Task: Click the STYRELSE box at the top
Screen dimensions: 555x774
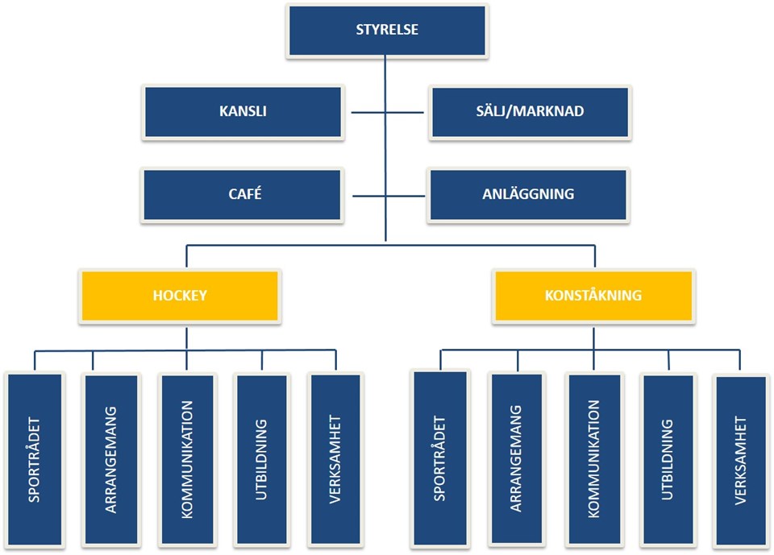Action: point(387,31)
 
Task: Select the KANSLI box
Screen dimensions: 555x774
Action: point(243,111)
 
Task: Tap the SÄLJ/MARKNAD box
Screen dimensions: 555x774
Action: point(529,111)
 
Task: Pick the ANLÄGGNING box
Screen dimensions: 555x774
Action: point(528,194)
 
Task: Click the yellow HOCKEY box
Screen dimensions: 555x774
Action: point(180,296)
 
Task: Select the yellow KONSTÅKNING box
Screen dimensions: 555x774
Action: point(594,296)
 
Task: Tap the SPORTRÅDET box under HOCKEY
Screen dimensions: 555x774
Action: point(34,459)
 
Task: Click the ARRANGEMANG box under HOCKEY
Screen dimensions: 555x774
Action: point(110,459)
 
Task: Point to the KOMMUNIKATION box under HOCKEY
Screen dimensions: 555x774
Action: point(186,459)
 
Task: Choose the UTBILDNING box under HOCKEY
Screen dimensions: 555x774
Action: point(261,459)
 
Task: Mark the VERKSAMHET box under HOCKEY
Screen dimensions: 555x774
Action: point(335,459)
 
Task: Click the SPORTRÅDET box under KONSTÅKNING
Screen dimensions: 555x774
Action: point(439,459)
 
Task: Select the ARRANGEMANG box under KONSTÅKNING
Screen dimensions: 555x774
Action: point(516,459)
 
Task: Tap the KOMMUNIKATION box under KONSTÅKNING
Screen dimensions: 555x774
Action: point(593,459)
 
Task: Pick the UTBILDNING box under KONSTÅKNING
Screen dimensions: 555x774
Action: point(668,459)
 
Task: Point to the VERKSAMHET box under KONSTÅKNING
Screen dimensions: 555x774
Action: point(740,459)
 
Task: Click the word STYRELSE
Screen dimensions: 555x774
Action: point(387,31)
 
